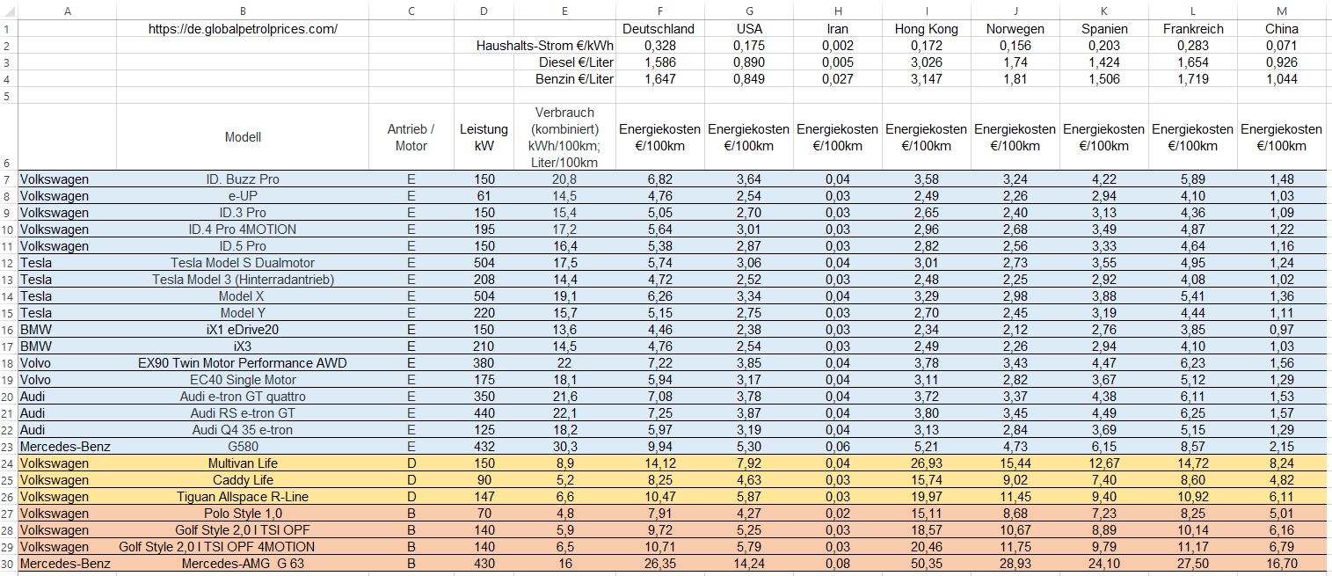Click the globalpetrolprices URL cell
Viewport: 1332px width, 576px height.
coord(243,29)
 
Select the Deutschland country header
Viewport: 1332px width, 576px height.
coord(658,29)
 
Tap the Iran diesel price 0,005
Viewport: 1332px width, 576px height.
coord(837,62)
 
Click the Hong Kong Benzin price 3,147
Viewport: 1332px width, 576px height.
coord(926,79)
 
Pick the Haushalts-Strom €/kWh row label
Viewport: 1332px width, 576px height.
coord(544,46)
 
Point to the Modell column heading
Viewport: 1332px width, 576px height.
coord(243,137)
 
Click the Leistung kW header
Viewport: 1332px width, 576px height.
coord(484,137)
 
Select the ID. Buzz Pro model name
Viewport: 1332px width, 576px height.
coord(243,179)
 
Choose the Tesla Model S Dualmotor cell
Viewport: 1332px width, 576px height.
coord(243,263)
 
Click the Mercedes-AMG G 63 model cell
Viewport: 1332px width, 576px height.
coord(243,564)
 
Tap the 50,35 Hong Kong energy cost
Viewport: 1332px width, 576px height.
coord(926,564)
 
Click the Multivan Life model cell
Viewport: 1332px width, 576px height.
coord(243,463)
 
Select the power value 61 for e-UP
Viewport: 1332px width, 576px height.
coord(484,196)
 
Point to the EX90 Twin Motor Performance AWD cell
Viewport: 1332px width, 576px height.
coord(243,363)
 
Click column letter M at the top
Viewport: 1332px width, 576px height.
coord(1281,11)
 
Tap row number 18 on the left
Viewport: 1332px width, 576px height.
coord(9,363)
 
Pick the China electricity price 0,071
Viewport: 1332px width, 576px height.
coord(1281,46)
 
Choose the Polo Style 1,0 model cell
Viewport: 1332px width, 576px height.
coord(243,514)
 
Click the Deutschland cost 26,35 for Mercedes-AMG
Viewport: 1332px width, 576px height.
coord(659,564)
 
